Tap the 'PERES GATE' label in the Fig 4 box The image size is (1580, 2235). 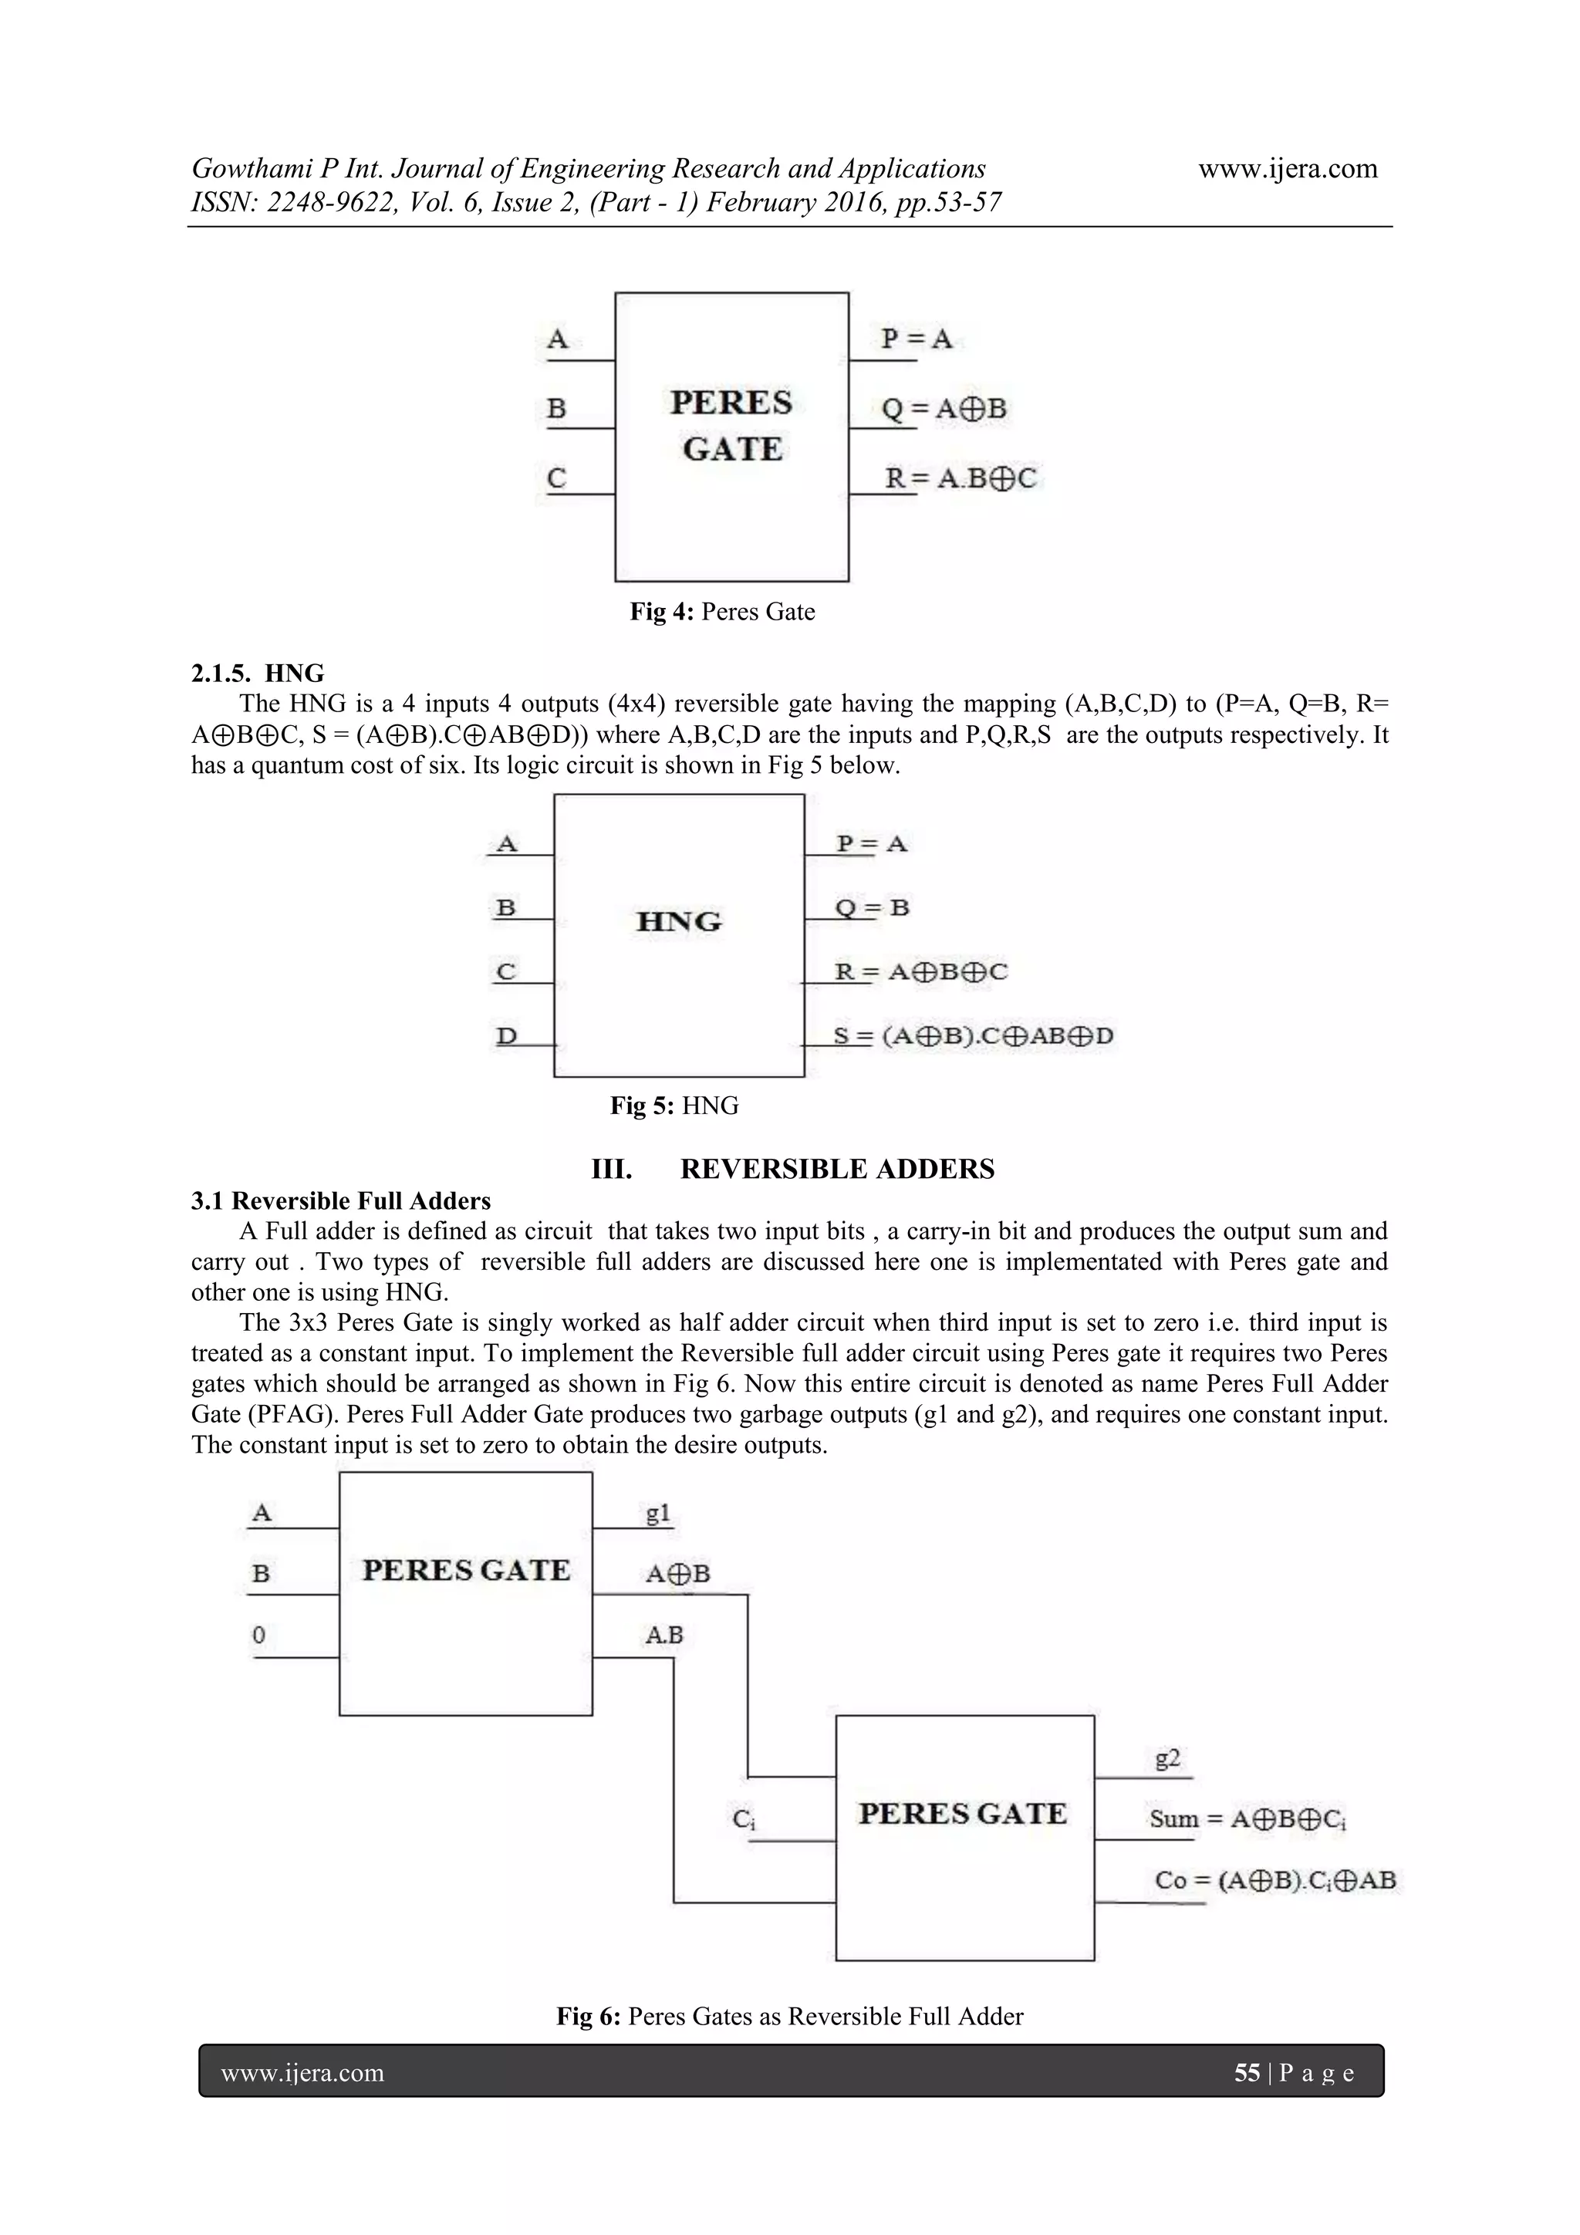tap(731, 425)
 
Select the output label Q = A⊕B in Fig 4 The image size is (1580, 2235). tap(944, 409)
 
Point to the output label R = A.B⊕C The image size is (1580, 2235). tap(960, 478)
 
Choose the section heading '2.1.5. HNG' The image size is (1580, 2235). tap(258, 673)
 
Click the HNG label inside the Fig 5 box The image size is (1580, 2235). tap(679, 921)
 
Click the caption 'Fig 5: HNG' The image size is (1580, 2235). tap(674, 1105)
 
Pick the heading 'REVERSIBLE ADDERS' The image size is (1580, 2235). tap(836, 1168)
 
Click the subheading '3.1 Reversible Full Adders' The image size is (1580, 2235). tap(341, 1200)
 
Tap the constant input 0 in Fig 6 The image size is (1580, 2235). tap(259, 1634)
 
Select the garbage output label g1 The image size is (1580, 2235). tap(658, 1513)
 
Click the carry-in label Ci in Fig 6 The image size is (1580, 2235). tap(744, 1818)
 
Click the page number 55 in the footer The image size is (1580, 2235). tap(1246, 2074)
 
